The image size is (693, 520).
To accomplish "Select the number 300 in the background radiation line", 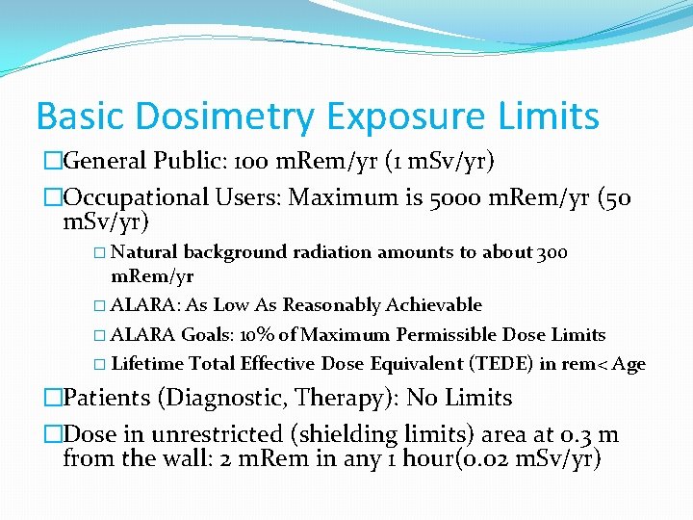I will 552,252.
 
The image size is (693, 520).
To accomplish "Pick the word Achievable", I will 434,305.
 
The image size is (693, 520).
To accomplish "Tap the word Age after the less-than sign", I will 628,364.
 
